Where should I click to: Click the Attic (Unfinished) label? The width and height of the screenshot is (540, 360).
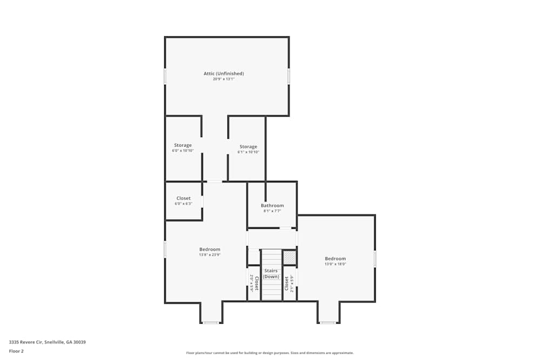(224, 73)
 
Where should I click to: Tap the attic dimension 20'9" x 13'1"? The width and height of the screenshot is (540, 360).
(224, 79)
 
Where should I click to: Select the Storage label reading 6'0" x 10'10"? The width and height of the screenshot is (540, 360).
(183, 145)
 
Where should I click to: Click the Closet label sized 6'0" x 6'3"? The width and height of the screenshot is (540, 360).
(183, 198)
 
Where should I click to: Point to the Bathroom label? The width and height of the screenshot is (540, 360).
(272, 205)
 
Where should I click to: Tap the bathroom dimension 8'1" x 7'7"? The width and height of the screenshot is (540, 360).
(272, 211)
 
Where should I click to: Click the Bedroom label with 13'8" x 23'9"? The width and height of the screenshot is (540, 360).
(210, 249)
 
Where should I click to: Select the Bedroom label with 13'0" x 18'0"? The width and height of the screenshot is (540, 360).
(335, 259)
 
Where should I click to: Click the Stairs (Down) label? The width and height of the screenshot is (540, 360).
(271, 274)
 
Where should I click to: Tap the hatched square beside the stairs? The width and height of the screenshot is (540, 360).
(290, 257)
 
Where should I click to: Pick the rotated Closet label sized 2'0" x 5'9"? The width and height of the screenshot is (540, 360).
(256, 283)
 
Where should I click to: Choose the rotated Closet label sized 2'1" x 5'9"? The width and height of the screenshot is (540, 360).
(287, 283)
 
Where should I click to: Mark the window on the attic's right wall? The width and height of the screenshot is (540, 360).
(289, 76)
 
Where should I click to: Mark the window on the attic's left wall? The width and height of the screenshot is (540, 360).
(165, 76)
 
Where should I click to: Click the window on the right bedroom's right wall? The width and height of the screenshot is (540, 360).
(375, 259)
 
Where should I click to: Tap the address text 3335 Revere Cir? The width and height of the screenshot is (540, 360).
(47, 342)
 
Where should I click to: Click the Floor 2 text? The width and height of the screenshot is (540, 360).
(16, 351)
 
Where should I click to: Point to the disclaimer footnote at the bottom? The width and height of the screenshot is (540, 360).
(270, 352)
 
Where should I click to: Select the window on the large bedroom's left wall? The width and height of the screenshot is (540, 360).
(165, 249)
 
